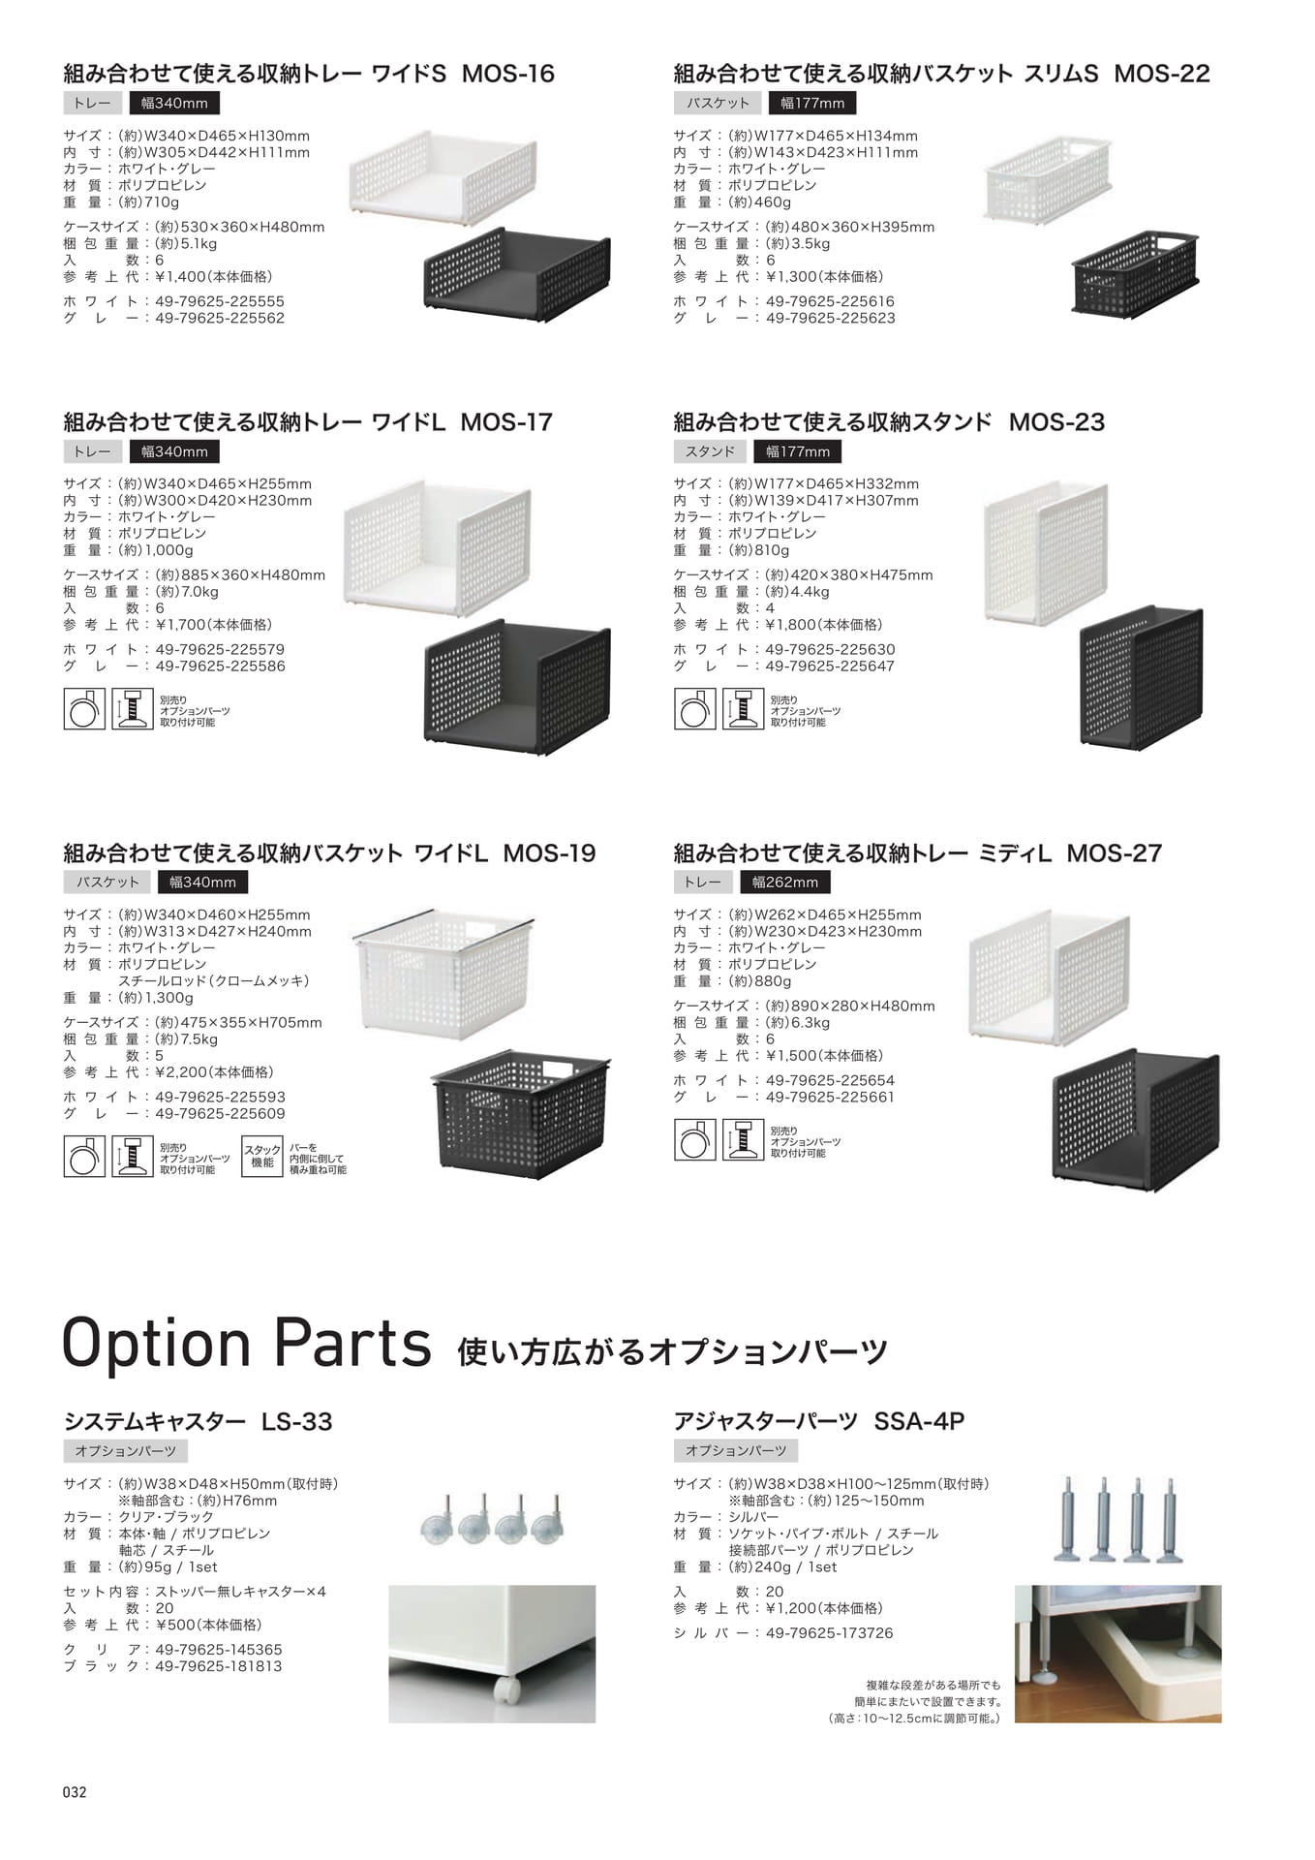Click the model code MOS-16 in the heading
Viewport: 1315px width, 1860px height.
[x=507, y=74]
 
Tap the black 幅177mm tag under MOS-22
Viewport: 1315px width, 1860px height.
[x=811, y=103]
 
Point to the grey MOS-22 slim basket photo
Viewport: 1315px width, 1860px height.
[x=1137, y=272]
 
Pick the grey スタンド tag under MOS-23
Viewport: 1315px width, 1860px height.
[x=710, y=451]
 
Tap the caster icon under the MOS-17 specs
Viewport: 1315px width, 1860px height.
[x=84, y=708]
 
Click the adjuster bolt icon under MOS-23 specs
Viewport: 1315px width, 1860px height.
[x=743, y=708]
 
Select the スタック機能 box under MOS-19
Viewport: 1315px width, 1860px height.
[x=261, y=1157]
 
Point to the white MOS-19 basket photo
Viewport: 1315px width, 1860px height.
[x=443, y=974]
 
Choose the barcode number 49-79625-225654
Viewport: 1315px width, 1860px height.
[x=830, y=1080]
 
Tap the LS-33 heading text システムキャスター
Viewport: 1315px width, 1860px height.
[x=155, y=1421]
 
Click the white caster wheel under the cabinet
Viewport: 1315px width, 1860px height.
[x=506, y=1690]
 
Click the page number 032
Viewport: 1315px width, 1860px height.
[x=75, y=1792]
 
